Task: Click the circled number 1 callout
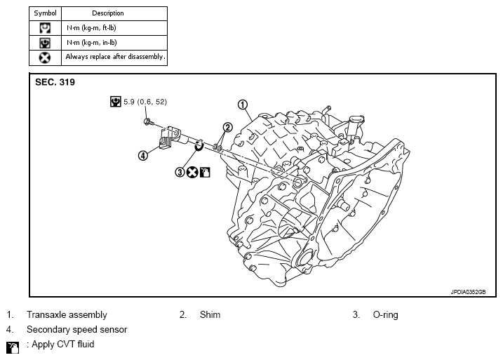pos(243,105)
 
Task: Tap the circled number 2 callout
pos(227,128)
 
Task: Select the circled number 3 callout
pos(180,173)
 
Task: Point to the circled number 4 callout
pos(142,156)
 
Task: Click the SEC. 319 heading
pos(55,82)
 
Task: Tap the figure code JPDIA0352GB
pos(468,292)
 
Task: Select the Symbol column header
pos(45,13)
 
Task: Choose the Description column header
pos(108,13)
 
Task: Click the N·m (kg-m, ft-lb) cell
pos(91,28)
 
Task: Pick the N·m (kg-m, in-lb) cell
pos(92,43)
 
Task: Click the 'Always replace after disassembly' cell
pos(116,57)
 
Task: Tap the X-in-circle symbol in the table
pos(45,58)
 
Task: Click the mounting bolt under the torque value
pos(148,122)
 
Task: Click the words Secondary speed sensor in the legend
pos(77,330)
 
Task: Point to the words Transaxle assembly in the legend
pos(67,315)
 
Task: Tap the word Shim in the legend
pos(210,314)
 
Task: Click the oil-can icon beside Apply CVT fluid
pos(13,347)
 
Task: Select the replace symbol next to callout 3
pos(192,173)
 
